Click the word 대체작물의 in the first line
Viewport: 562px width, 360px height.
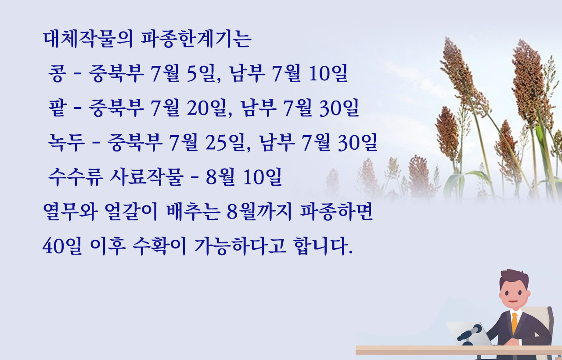(x=88, y=40)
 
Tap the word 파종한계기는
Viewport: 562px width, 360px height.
(x=196, y=40)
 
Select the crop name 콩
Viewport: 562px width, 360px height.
(x=58, y=73)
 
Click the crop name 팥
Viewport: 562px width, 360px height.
(x=58, y=108)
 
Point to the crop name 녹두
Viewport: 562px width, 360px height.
(x=66, y=143)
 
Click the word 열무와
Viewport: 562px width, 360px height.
(x=70, y=212)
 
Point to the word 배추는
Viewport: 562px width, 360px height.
(x=193, y=212)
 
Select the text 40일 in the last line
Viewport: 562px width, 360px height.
(x=62, y=246)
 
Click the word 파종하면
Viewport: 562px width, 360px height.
(x=336, y=212)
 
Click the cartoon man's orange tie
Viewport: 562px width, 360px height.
(x=514, y=323)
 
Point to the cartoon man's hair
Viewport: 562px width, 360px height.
(x=514, y=278)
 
